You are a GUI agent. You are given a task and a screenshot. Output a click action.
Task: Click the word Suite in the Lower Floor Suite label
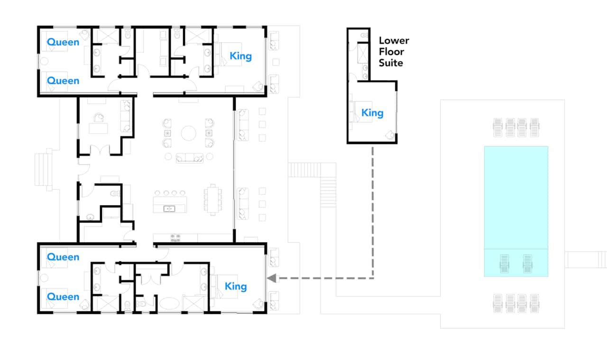pyautogui.click(x=391, y=63)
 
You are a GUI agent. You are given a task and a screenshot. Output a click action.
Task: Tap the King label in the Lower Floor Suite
pyautogui.click(x=372, y=113)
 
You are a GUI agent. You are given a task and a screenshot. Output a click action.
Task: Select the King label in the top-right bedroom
pyautogui.click(x=240, y=56)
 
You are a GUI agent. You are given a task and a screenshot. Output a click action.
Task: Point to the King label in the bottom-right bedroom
pyautogui.click(x=236, y=286)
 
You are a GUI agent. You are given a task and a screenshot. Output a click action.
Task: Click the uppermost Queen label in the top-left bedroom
pyautogui.click(x=63, y=42)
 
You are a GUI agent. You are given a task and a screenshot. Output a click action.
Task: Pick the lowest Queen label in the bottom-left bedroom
pyautogui.click(x=63, y=296)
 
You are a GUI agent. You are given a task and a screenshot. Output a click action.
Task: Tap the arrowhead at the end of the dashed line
pyautogui.click(x=272, y=278)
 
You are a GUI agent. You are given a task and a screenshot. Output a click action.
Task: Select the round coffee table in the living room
pyautogui.click(x=189, y=133)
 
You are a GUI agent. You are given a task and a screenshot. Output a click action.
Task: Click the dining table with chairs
pyautogui.click(x=213, y=200)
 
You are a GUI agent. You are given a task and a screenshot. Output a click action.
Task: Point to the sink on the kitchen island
pyautogui.click(x=169, y=209)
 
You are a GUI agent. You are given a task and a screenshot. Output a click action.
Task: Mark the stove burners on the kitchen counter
pyautogui.click(x=175, y=238)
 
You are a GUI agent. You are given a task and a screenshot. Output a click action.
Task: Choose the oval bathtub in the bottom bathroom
pyautogui.click(x=169, y=304)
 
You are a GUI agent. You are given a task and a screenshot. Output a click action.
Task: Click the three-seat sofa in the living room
pyautogui.click(x=189, y=158)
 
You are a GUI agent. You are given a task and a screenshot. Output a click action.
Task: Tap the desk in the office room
pyautogui.click(x=98, y=128)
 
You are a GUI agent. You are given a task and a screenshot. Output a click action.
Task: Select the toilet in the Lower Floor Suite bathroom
pyautogui.click(x=365, y=35)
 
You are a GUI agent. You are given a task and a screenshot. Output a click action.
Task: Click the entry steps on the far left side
pyautogui.click(x=43, y=170)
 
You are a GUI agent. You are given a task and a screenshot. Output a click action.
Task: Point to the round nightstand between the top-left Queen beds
pyautogui.click(x=44, y=61)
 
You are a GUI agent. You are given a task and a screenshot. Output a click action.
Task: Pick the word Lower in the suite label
pyautogui.click(x=394, y=41)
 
